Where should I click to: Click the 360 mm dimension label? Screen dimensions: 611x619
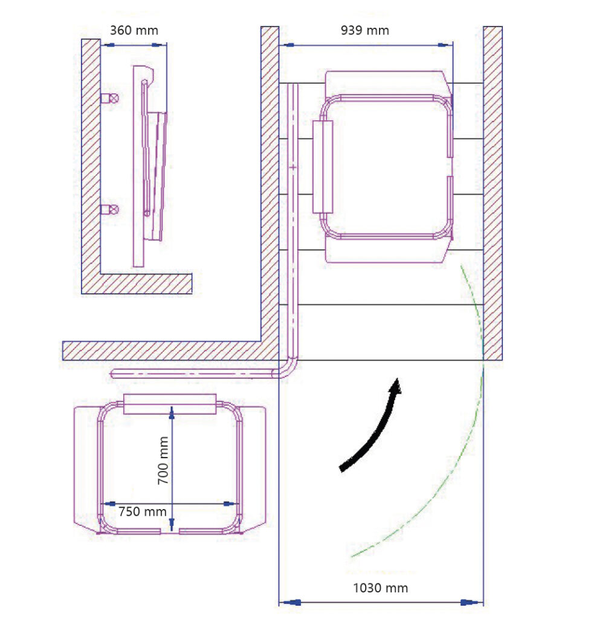[x=134, y=30]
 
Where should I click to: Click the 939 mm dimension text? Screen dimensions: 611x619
[x=364, y=30]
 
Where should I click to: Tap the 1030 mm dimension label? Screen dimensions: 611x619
[x=380, y=588]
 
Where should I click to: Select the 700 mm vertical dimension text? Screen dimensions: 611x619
[x=163, y=460]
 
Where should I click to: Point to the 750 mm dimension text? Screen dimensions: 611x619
[x=143, y=511]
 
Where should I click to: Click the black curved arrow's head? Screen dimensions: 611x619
[x=395, y=386]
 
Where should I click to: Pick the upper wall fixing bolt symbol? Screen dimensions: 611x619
[x=110, y=98]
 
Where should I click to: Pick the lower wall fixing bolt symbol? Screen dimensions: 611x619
[x=110, y=209]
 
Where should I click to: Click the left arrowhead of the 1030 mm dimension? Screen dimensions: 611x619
[x=290, y=603]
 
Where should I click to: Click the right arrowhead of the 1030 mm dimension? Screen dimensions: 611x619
[x=471, y=603]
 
